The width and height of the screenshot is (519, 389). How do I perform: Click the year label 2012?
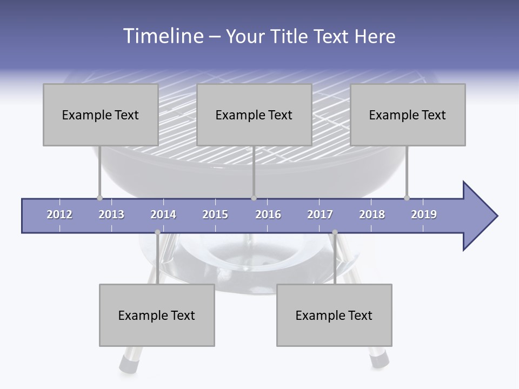coord(59,214)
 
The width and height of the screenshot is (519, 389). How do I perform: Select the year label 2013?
coord(111,214)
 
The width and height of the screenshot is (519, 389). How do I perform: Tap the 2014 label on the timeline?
coord(163,214)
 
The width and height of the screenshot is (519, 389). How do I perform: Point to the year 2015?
coord(215,214)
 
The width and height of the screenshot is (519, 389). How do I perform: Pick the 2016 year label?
coord(268,214)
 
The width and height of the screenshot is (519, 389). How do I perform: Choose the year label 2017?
coord(320,214)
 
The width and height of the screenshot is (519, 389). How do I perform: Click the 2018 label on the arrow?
coord(372,214)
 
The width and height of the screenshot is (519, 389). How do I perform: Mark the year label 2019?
coord(424,214)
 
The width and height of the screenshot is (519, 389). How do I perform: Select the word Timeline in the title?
coord(163,36)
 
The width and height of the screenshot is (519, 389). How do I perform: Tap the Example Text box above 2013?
coord(101,115)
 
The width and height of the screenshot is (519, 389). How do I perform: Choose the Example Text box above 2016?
coord(254,115)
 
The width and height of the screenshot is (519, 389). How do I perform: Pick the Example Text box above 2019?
coord(408,115)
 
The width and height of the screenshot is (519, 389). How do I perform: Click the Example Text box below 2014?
coord(157,315)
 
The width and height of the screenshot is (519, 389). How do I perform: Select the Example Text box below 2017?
coord(334,315)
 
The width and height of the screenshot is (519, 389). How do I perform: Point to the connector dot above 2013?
coord(99,198)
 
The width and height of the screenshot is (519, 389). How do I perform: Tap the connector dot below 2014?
coord(157,232)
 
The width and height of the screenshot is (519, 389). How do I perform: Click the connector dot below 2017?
coord(335,232)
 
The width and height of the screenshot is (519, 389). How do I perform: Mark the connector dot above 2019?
coord(407,198)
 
